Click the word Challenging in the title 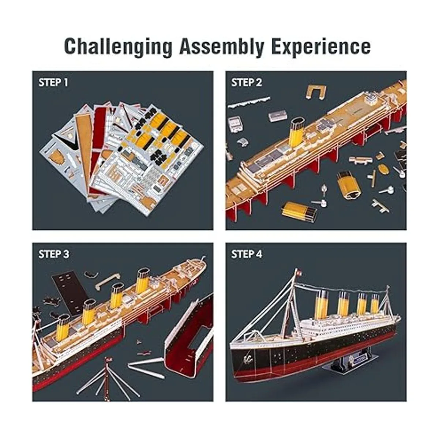[x=118, y=47]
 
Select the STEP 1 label [x=53, y=82]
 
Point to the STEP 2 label [x=247, y=82]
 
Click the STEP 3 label [x=53, y=254]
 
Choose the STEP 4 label [x=247, y=254]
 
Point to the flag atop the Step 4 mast [x=299, y=273]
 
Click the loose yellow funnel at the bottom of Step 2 [x=299, y=211]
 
